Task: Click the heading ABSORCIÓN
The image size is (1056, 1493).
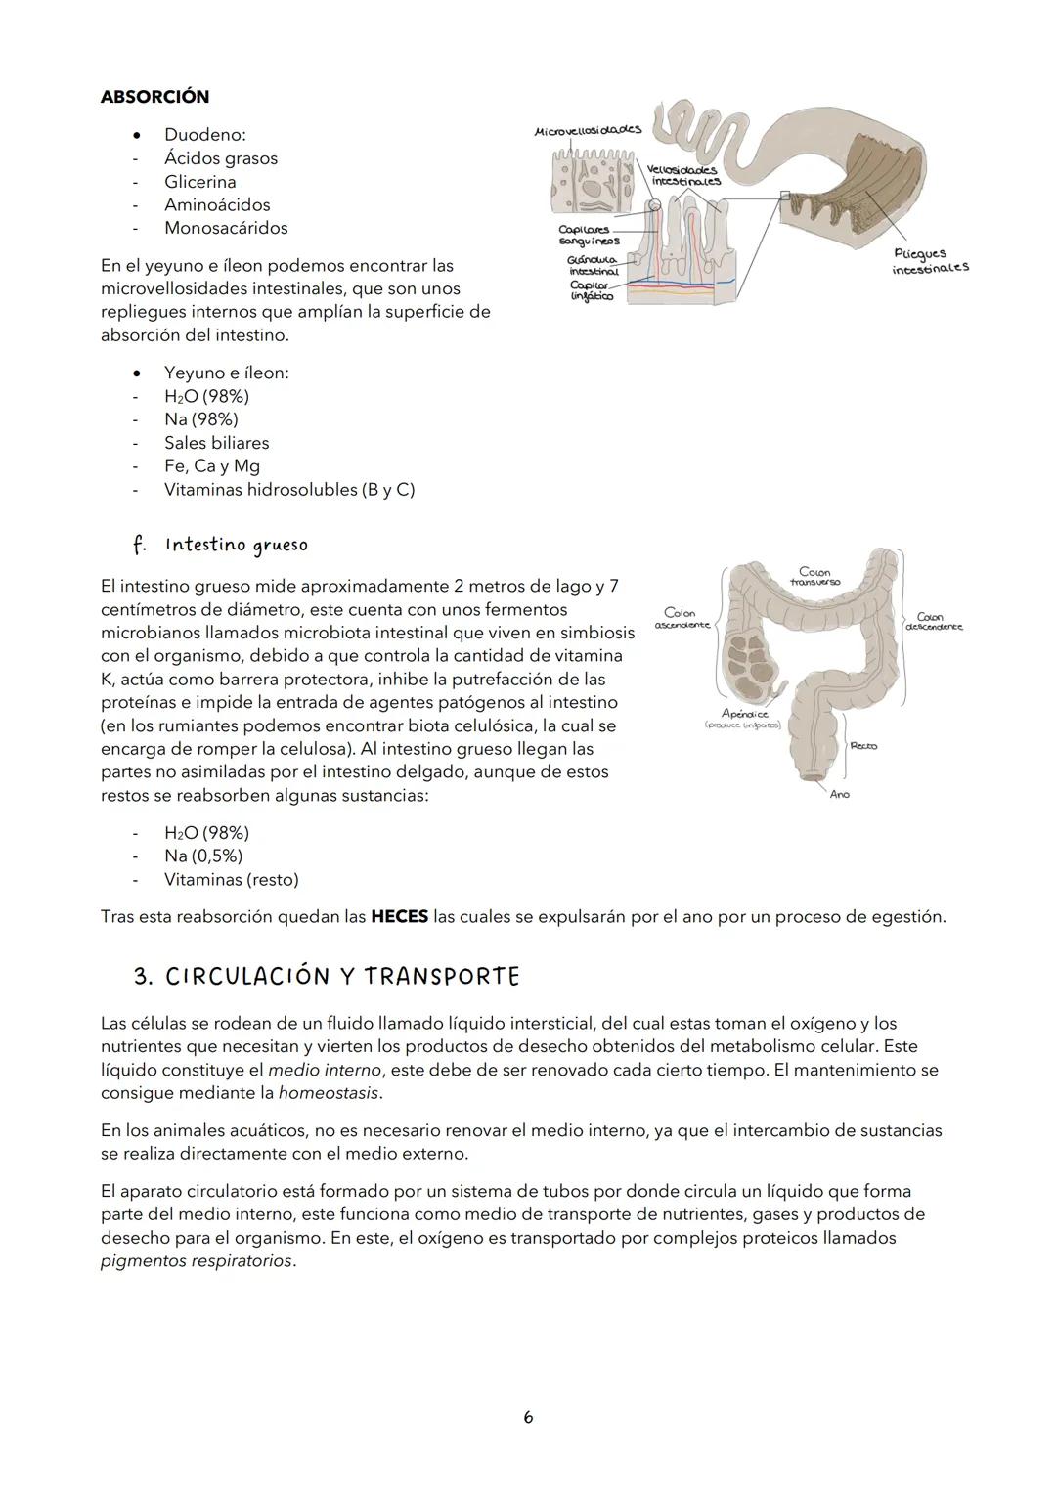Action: tap(154, 97)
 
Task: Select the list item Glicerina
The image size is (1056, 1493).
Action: tap(199, 182)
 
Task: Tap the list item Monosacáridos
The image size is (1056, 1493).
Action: tap(226, 228)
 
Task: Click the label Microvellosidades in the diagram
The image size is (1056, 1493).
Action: tap(588, 130)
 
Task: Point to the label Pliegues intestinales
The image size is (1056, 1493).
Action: tap(929, 260)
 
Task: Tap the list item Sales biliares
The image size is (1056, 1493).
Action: tap(216, 443)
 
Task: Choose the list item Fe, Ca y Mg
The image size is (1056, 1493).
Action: tap(211, 466)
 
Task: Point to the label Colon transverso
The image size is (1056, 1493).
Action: tap(814, 577)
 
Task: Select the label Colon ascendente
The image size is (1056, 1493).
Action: tap(681, 619)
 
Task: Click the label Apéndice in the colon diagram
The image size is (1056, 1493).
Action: tap(744, 714)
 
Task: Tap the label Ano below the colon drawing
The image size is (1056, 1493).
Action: tap(839, 795)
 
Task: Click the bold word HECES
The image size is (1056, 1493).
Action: tap(399, 917)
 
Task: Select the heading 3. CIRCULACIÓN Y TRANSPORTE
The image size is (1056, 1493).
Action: tap(327, 977)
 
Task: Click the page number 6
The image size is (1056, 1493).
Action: tap(528, 1417)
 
